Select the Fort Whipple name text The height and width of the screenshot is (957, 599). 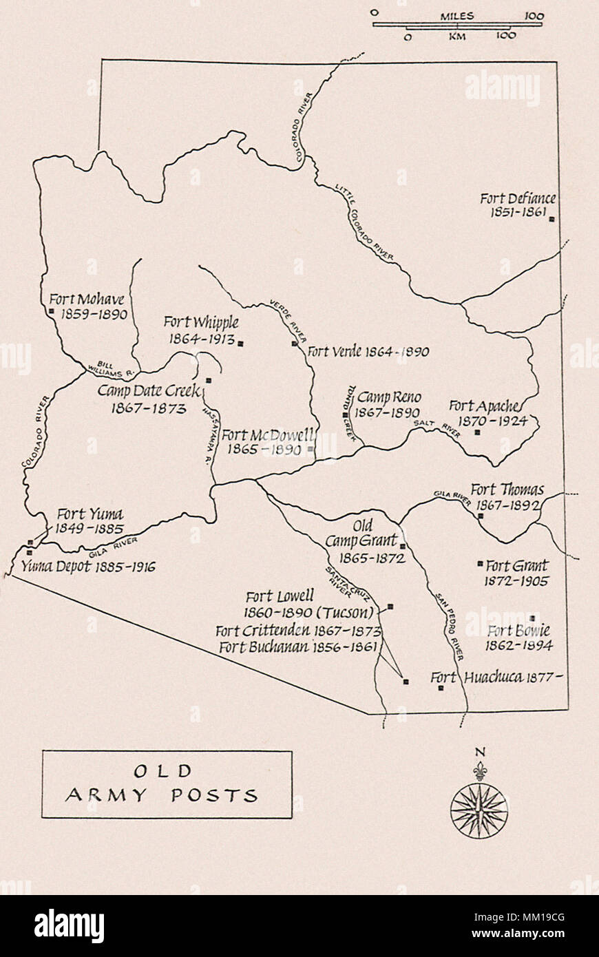[201, 322]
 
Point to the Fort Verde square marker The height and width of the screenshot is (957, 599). [295, 343]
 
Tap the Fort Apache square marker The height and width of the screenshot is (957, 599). [478, 432]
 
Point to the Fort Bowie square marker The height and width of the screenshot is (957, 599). [532, 618]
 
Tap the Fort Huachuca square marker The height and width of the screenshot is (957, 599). [441, 687]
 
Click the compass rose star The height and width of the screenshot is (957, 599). [479, 810]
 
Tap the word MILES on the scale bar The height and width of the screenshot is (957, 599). [457, 15]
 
